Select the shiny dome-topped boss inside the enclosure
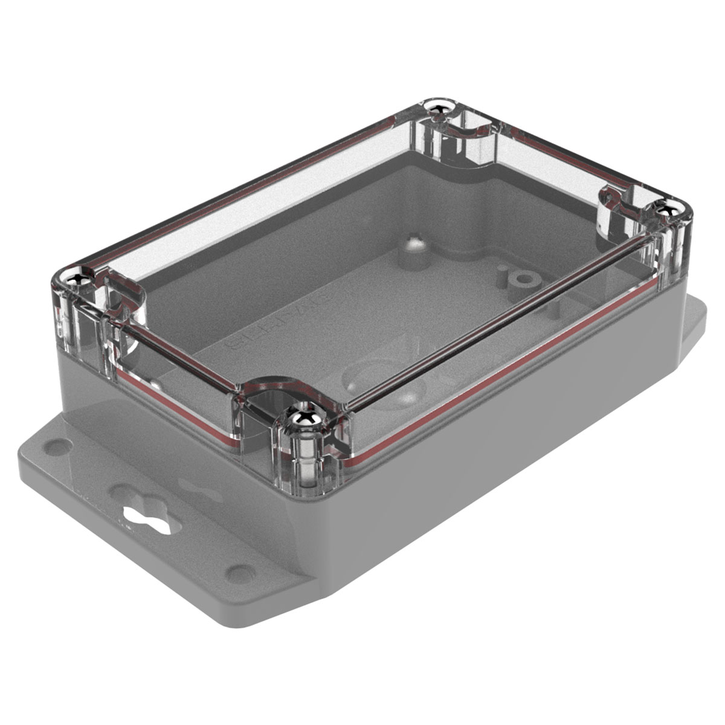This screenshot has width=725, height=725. (x=414, y=244)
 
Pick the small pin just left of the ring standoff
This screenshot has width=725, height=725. (x=501, y=276)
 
